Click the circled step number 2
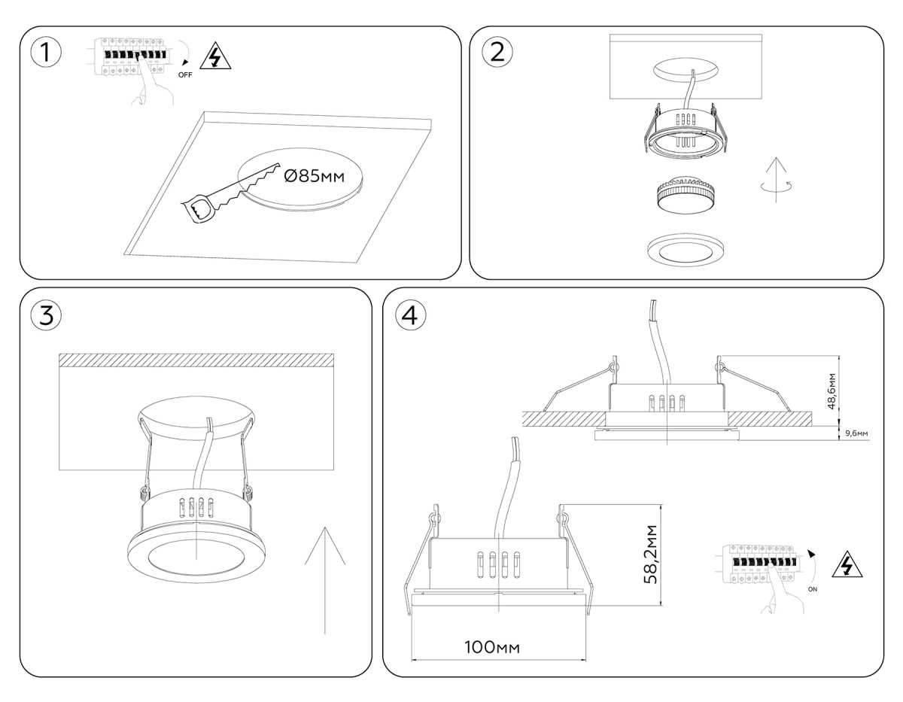tap(497, 52)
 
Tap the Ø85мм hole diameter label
tap(314, 177)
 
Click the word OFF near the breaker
tap(186, 75)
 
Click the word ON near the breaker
tap(812, 590)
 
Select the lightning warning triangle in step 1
tap(217, 57)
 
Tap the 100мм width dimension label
tap(492, 648)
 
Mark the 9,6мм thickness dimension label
tap(856, 433)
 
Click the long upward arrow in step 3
tap(324, 579)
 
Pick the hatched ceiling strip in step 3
tap(196, 360)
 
